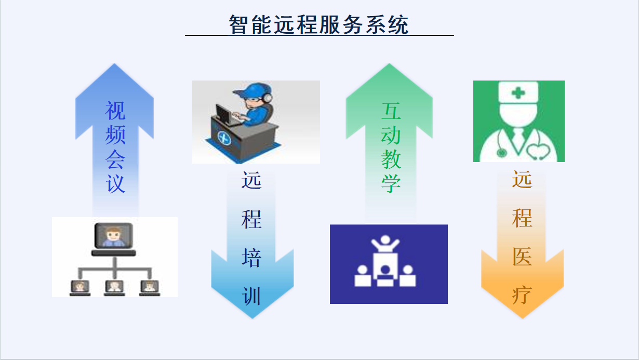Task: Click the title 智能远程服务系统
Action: (x=318, y=24)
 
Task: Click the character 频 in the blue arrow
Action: (x=115, y=135)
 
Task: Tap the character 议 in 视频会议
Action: (x=115, y=183)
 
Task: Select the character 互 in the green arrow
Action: (x=391, y=111)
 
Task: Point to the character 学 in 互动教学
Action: (x=391, y=183)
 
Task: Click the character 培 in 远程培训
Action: (x=251, y=258)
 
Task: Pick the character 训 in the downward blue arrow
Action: (x=251, y=297)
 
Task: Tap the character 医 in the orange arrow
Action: (x=522, y=257)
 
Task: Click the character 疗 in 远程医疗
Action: (x=522, y=295)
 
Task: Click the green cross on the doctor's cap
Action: (x=518, y=92)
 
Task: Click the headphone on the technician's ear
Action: (x=268, y=98)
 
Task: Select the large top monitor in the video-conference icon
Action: (x=114, y=236)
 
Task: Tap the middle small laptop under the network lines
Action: (x=114, y=288)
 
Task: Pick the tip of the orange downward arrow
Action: (x=523, y=318)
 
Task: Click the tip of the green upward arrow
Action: (x=390, y=63)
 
